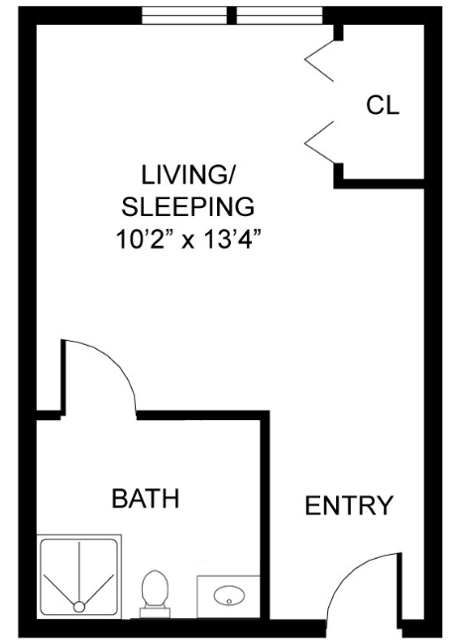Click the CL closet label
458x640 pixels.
click(383, 106)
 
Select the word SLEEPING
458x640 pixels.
click(187, 208)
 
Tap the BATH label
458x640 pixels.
click(145, 497)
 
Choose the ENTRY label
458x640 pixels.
click(348, 505)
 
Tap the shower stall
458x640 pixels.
click(78, 577)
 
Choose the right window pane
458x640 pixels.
click(280, 16)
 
